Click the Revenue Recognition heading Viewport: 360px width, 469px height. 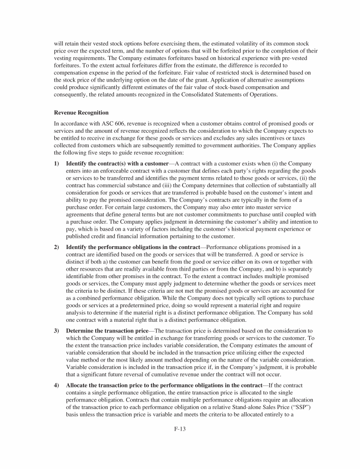point(81,113)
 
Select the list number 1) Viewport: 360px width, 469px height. point(57,162)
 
